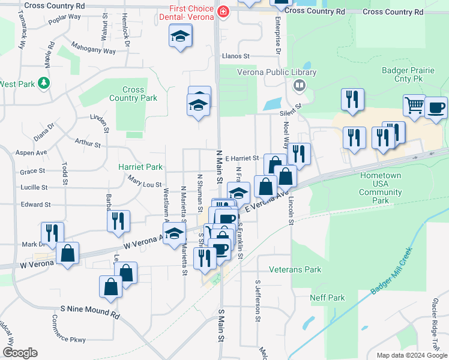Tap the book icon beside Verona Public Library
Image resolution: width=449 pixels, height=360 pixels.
click(x=298, y=85)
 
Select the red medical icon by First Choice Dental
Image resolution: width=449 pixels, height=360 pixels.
click(x=223, y=12)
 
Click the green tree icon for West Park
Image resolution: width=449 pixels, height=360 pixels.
click(x=43, y=83)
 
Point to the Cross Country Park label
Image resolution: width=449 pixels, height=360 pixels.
click(x=133, y=94)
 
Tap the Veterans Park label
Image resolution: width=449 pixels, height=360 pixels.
click(x=295, y=270)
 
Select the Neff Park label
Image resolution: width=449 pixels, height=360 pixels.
click(x=327, y=298)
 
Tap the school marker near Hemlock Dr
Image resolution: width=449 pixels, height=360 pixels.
click(x=179, y=37)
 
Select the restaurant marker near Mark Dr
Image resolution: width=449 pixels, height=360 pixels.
click(x=53, y=232)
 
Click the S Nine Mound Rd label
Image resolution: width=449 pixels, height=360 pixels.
click(x=90, y=311)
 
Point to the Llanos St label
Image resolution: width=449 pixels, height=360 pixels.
click(x=235, y=56)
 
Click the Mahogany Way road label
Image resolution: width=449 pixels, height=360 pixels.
click(x=93, y=47)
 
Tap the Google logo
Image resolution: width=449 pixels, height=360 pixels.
click(x=20, y=353)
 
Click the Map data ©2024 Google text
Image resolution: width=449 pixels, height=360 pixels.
click(x=411, y=355)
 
